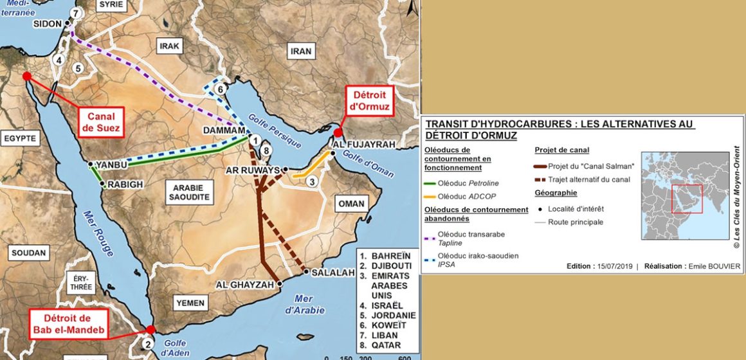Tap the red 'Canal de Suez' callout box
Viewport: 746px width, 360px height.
[x=98, y=122]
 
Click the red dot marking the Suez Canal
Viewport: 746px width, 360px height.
[x=27, y=76]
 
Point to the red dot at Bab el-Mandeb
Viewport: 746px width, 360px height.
[x=150, y=329]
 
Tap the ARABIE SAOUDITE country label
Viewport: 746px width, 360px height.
[x=188, y=192]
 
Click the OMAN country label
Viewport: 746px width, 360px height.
[x=351, y=204]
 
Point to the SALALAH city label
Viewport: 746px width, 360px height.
[x=332, y=273]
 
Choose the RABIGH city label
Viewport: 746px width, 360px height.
[x=125, y=184]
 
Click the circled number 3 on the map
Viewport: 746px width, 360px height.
[x=312, y=182]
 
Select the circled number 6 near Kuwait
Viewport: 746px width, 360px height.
[x=221, y=89]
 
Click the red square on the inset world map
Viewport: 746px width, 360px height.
[x=687, y=198]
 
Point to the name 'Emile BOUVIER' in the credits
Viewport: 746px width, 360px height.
[x=714, y=266]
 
